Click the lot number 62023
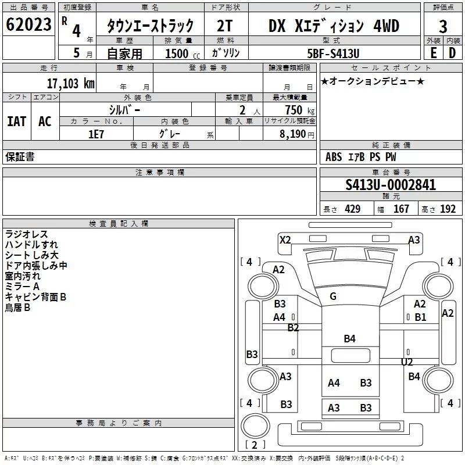pos(28,24)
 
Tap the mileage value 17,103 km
pos(71,84)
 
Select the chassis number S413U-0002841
pos(391,185)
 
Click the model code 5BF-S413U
pos(333,53)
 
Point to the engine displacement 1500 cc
pos(183,53)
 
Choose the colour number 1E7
pos(96,134)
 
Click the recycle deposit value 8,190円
pos(297,134)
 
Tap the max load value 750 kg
pos(299,110)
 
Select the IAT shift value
pos(17,121)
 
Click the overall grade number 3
pos(443,27)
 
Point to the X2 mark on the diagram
pos(285,239)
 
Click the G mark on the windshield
pos(333,296)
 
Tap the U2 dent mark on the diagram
pos(407,362)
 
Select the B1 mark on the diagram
pos(420,317)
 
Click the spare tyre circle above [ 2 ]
pos(255,425)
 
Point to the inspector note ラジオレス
pos(26,234)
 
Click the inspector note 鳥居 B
pos(17,307)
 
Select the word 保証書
pos(20,156)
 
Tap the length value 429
pos(353,209)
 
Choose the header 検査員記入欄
pos(119,224)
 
